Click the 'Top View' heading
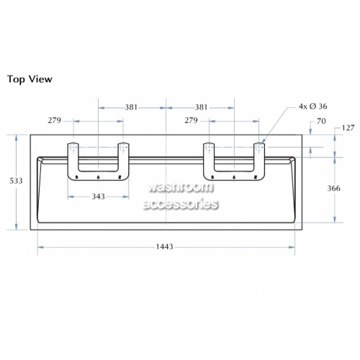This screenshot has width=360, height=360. (30, 79)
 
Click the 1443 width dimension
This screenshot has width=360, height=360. (165, 246)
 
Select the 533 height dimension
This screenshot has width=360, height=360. (16, 181)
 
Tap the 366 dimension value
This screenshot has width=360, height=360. (334, 188)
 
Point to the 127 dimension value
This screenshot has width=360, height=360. (348, 128)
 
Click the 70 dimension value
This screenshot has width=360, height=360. (321, 121)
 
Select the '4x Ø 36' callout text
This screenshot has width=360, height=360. (312, 106)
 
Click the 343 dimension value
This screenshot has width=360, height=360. (99, 197)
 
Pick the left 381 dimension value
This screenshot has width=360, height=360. (131, 107)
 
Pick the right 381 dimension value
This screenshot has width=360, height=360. (201, 107)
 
